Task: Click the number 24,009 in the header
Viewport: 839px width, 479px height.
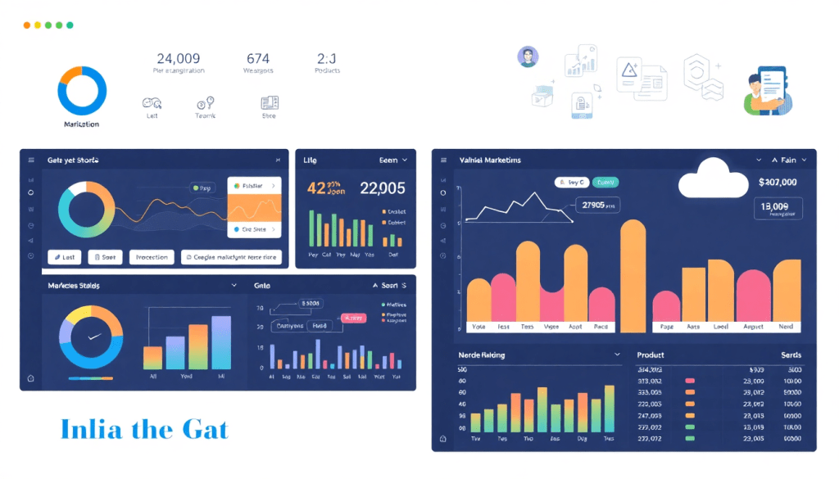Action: pyautogui.click(x=178, y=58)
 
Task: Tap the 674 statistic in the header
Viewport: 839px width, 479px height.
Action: pyautogui.click(x=257, y=58)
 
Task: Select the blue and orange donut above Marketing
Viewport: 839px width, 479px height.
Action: pyautogui.click(x=82, y=90)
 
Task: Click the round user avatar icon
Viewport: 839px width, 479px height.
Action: pyautogui.click(x=528, y=56)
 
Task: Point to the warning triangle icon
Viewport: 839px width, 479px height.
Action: pyautogui.click(x=628, y=70)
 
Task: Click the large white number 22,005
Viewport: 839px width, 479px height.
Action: pyautogui.click(x=382, y=188)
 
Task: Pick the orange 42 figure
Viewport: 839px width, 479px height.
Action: pyautogui.click(x=317, y=188)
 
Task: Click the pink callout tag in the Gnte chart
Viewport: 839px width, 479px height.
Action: pyautogui.click(x=353, y=318)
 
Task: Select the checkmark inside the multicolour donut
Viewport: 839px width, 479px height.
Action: pyautogui.click(x=92, y=337)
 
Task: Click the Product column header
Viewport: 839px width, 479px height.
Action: pyautogui.click(x=650, y=355)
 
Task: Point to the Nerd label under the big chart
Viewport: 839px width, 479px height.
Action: pyautogui.click(x=785, y=326)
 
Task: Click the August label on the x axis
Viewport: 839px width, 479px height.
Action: pyautogui.click(x=754, y=326)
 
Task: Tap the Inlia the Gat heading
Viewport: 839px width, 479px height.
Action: pyautogui.click(x=144, y=430)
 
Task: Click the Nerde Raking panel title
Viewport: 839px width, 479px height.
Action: pyautogui.click(x=482, y=355)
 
